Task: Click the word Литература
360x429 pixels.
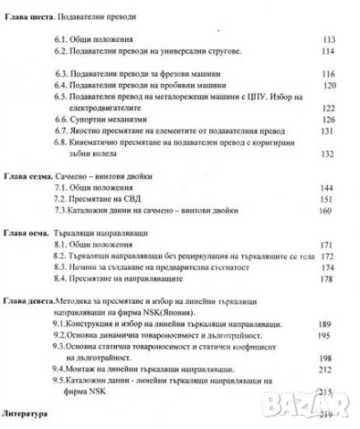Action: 31,416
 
